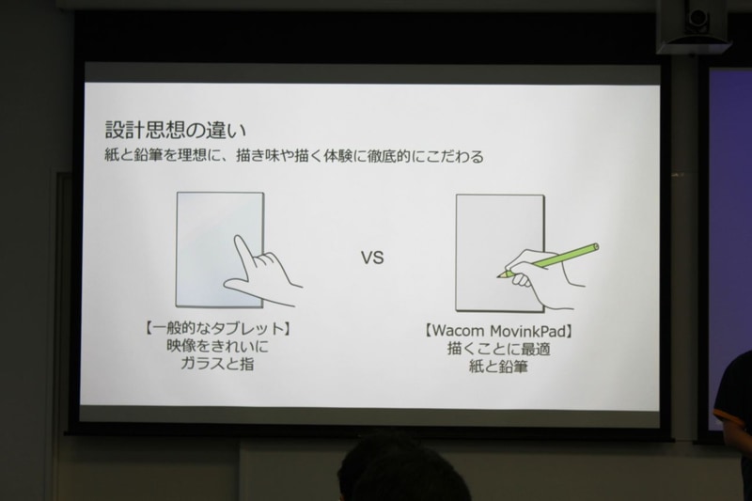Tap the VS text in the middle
(374, 258)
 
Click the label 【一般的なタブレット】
(211, 332)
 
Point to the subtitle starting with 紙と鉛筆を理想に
(296, 156)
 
